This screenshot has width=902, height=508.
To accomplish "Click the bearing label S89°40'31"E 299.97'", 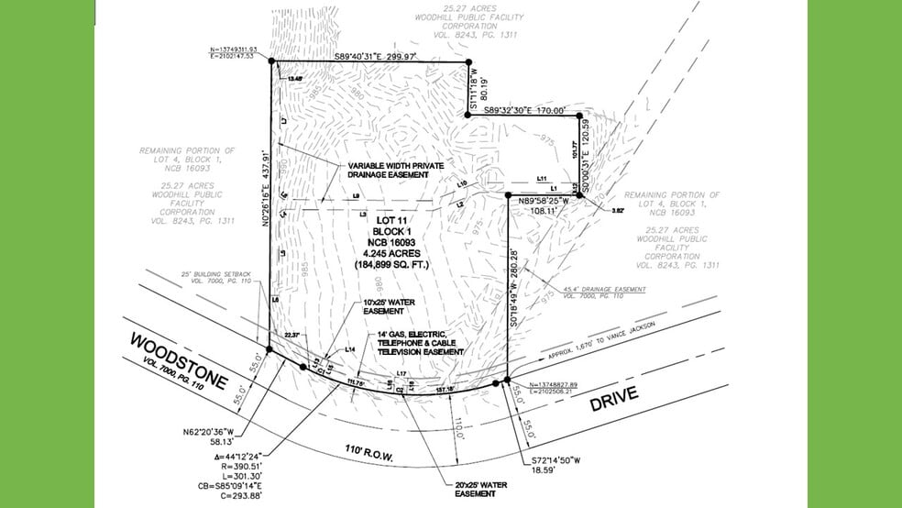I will click(366, 56).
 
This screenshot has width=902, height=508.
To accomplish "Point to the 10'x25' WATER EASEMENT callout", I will click(384, 306).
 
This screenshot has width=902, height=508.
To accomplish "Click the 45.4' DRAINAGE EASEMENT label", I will click(610, 293).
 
